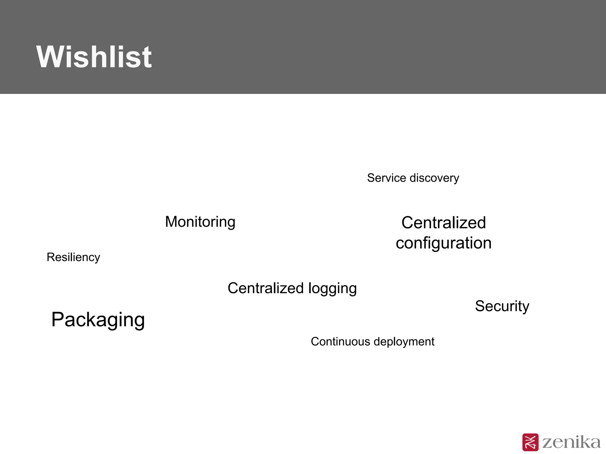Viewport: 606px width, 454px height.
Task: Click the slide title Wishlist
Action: pos(94,57)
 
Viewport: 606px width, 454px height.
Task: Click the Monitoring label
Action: pos(200,222)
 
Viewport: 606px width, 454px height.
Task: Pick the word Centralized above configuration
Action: pos(444,223)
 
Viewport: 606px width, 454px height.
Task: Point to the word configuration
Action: pos(444,243)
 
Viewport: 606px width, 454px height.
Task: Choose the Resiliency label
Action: pos(73,257)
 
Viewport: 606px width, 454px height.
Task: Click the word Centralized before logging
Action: pos(265,288)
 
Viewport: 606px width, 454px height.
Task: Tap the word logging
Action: pos(332,289)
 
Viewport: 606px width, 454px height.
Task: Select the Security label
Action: pos(502,306)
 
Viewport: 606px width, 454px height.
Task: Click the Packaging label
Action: pos(98,320)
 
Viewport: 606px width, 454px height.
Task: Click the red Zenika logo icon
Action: pos(530,442)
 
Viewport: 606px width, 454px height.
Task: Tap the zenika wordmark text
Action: pos(571,442)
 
